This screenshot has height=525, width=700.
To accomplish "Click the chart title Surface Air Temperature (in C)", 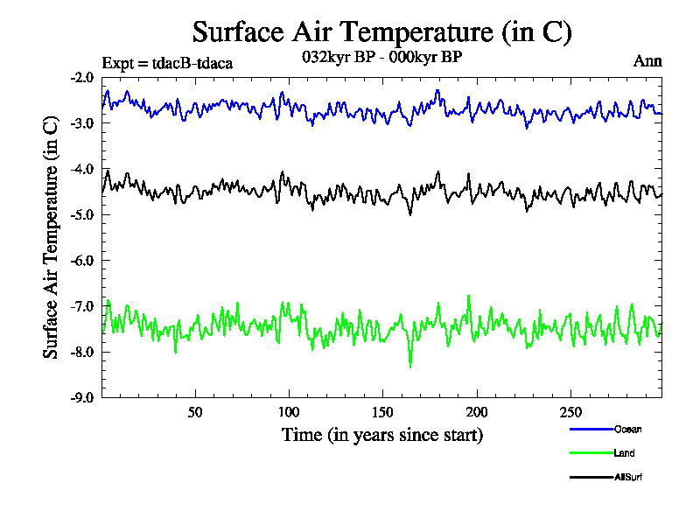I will pyautogui.click(x=381, y=33).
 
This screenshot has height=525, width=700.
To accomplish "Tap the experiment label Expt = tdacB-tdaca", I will pyautogui.click(x=167, y=63).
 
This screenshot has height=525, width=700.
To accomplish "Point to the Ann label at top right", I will pyautogui.click(x=647, y=61).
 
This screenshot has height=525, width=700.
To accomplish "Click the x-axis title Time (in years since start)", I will pyautogui.click(x=381, y=434).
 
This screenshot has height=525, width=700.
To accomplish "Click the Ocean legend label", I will pyautogui.click(x=627, y=429).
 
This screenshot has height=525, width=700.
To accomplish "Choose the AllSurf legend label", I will pyautogui.click(x=629, y=477).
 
